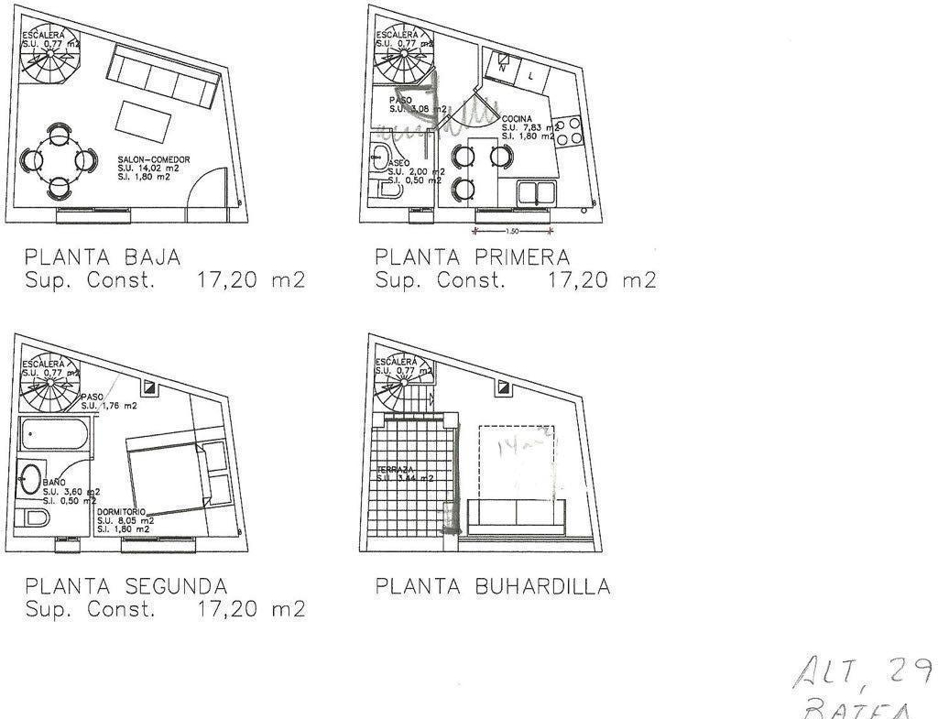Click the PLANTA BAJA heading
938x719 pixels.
[103, 256]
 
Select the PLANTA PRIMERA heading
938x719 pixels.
[472, 256]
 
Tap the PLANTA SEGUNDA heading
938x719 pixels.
[125, 585]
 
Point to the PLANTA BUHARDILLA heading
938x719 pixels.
[492, 585]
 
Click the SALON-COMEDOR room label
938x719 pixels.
[154, 160]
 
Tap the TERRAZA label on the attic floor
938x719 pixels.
[391, 470]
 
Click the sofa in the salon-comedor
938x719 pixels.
[162, 77]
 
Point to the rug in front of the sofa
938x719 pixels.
[145, 120]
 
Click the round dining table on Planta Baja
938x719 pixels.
[60, 161]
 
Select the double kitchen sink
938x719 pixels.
[539, 192]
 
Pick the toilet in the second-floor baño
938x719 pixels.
[35, 518]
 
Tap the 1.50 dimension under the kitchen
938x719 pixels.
[512, 232]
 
